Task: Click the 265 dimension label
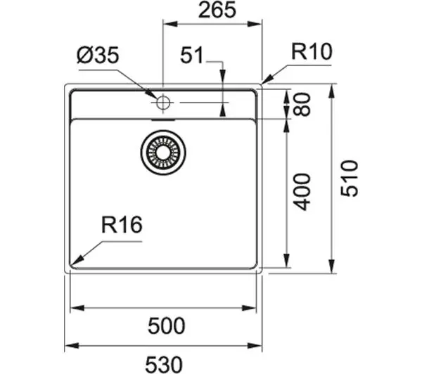[x=217, y=10]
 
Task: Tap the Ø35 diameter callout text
[x=98, y=56]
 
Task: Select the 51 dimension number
[x=191, y=55]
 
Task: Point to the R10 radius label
[x=312, y=51]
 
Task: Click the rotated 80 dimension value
[x=302, y=105]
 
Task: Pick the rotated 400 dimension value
[x=302, y=192]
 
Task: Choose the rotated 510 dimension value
[x=350, y=179]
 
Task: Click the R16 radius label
[x=122, y=225]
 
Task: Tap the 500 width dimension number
[x=166, y=325]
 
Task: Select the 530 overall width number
[x=164, y=364]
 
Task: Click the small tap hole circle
[x=163, y=103]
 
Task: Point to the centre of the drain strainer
[x=163, y=153]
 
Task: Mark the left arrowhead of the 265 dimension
[x=171, y=24]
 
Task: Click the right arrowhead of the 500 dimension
[x=249, y=308]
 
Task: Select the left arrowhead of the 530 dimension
[x=72, y=345]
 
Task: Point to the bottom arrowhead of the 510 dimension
[x=332, y=266]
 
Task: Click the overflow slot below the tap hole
[x=163, y=120]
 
